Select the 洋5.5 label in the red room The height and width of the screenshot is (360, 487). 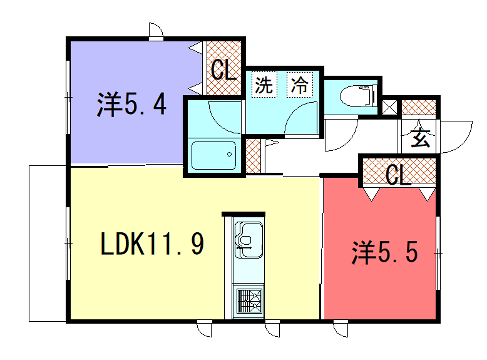[384, 252]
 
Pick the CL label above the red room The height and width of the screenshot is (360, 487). [398, 176]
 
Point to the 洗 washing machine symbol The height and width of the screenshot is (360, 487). [264, 85]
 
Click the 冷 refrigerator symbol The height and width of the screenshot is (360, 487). [298, 85]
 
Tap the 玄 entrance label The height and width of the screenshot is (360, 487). [421, 138]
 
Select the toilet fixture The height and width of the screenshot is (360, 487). [355, 97]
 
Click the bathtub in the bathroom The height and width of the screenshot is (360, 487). [212, 156]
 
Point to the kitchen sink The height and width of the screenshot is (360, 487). [247, 240]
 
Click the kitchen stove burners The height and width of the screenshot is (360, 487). [247, 298]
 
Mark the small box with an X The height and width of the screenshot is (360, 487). [391, 105]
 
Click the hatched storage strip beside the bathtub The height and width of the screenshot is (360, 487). [255, 155]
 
